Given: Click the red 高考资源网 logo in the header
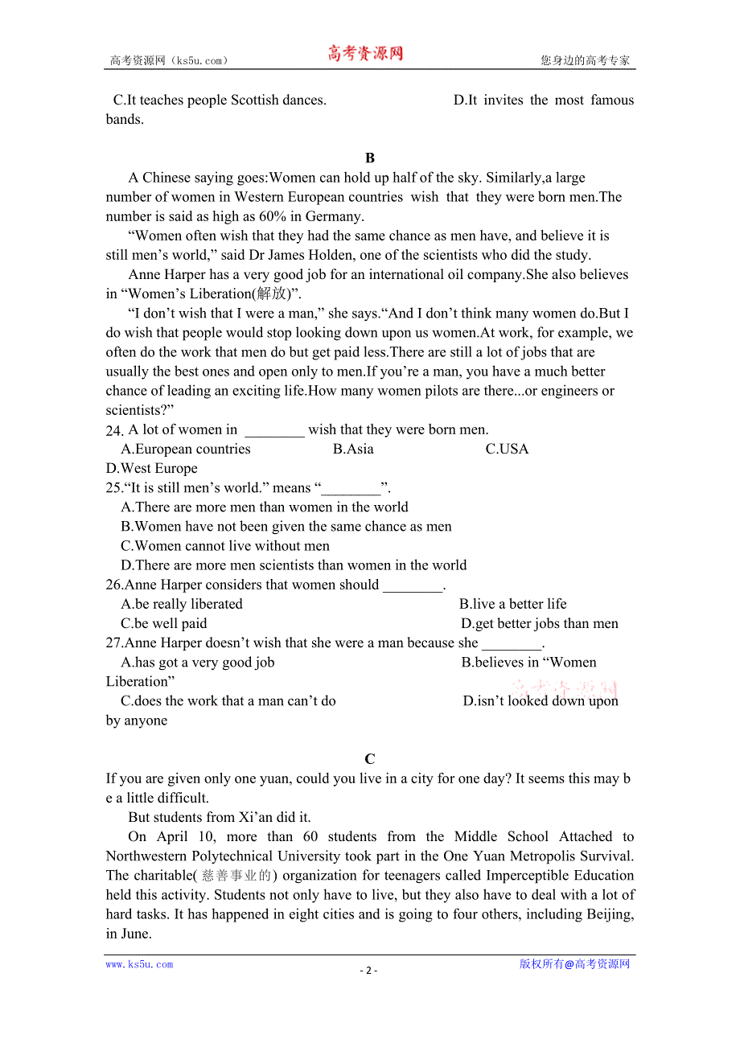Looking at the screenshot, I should coord(365,54).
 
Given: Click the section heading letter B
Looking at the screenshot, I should coord(370,158).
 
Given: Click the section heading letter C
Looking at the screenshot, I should coord(370,759).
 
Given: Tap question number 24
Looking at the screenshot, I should coord(114,430).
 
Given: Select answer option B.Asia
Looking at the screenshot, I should coord(353,450).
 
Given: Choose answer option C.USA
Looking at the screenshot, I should coord(507,450).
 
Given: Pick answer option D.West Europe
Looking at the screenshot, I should coord(151,469).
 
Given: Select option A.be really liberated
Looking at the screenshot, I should coord(182,605).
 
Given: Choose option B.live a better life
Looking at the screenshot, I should coord(513,605).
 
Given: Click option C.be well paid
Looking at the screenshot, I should coord(164,624).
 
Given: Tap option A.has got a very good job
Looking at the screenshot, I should coord(198,663).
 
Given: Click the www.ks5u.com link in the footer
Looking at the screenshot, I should coord(139,964).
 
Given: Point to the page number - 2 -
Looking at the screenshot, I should coord(368,970).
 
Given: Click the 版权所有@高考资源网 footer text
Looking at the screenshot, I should coord(574,964).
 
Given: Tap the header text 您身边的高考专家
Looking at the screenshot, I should coord(585,60).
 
